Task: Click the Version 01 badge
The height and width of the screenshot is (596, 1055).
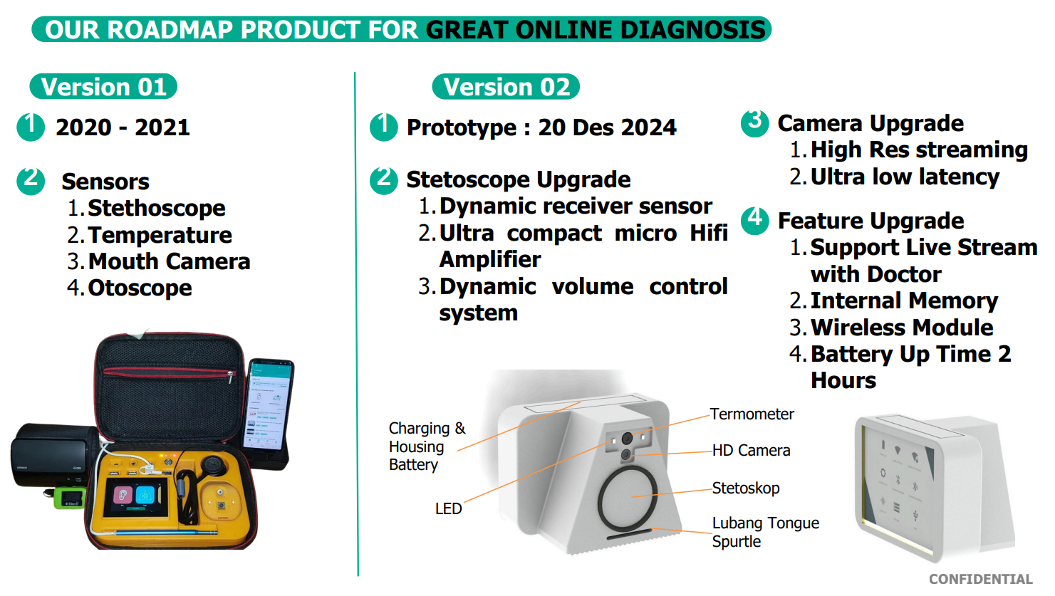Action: tap(103, 87)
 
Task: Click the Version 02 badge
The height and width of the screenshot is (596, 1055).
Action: tap(506, 87)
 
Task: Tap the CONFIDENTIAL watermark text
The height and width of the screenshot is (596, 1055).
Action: tap(981, 579)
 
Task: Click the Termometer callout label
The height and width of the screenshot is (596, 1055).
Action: tap(752, 414)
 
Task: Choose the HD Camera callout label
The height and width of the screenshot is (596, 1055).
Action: tap(752, 451)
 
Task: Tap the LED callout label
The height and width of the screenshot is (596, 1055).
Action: tap(448, 509)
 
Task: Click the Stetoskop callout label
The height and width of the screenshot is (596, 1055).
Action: tap(746, 488)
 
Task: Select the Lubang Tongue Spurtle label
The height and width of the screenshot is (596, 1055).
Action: tap(765, 533)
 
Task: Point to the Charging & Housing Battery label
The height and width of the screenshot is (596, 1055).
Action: tap(427, 446)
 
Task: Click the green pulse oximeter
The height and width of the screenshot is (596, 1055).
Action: tap(69, 498)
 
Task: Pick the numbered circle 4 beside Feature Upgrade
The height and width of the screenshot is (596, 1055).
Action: tap(755, 220)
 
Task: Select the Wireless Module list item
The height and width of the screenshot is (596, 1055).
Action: tap(901, 327)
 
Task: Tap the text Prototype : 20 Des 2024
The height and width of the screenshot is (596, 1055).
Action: tap(541, 127)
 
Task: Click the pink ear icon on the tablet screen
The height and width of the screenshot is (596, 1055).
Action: tap(123, 494)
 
